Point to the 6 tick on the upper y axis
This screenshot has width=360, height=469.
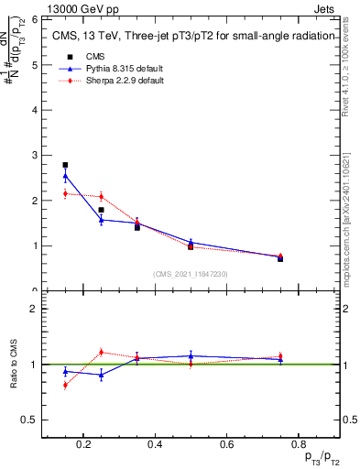(x=35, y=19)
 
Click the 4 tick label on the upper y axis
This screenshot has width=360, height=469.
(x=35, y=110)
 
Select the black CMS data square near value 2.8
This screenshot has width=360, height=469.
(x=65, y=165)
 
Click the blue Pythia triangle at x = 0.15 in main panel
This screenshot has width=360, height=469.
(x=65, y=176)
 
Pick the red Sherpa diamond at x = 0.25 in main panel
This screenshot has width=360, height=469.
(x=101, y=197)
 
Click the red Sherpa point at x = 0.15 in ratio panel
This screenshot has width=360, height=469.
(x=65, y=385)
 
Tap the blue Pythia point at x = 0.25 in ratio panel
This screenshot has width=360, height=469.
(x=101, y=375)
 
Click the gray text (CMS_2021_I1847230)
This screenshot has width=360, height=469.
(x=190, y=274)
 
